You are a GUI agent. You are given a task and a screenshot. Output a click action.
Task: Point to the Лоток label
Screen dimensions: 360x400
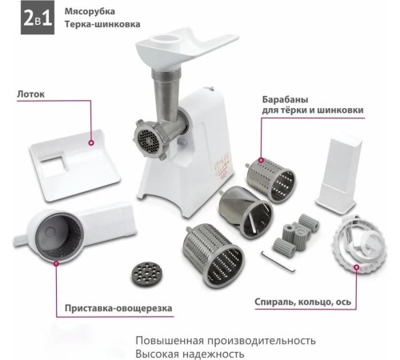tap(30, 94)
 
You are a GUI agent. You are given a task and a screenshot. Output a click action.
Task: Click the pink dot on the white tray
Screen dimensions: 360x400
tap(91, 144)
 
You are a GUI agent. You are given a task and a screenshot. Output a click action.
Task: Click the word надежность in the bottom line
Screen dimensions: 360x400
tap(210, 354)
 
